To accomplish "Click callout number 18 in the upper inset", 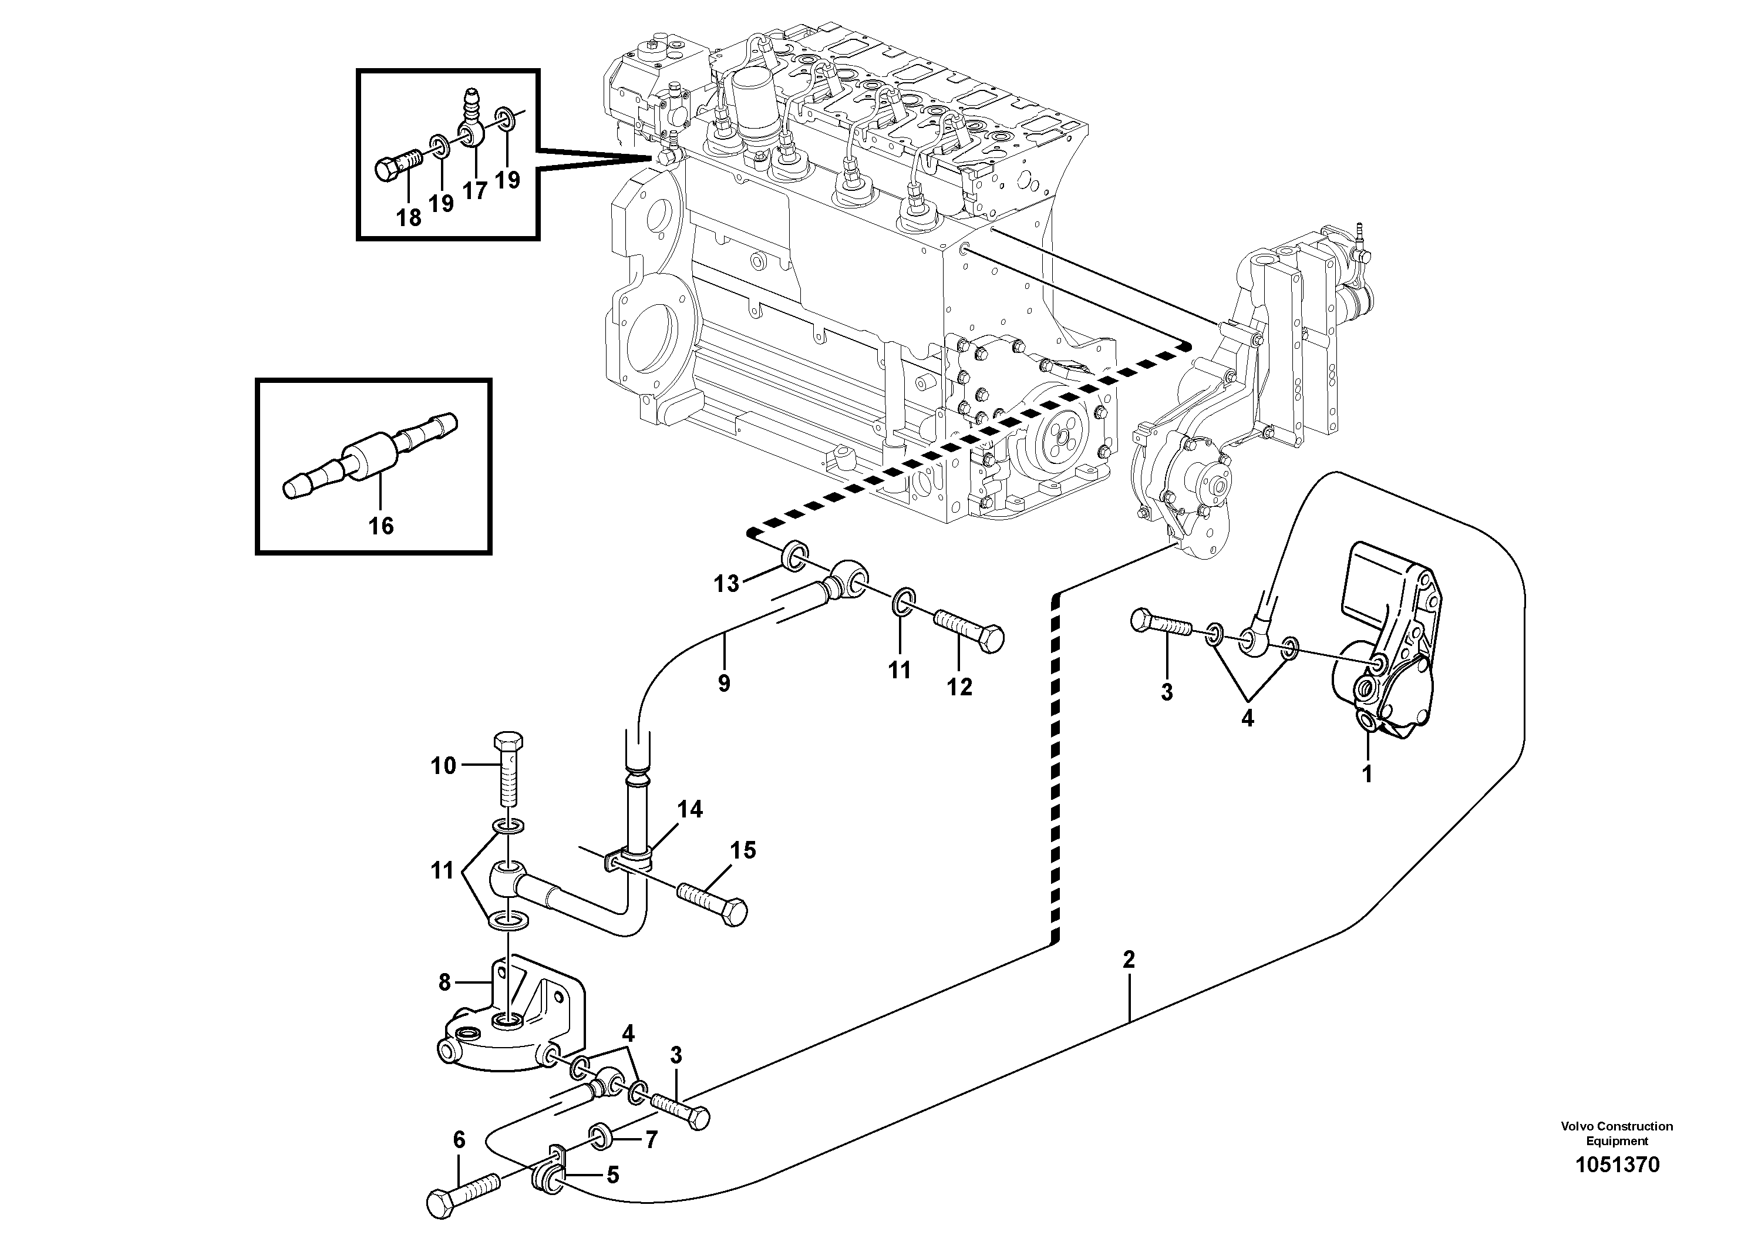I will tap(409, 218).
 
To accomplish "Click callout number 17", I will tap(474, 190).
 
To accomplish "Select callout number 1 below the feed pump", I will tap(1366, 775).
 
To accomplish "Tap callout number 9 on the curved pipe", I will tap(723, 683).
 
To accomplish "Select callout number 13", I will tap(726, 584).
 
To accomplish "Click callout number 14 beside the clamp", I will tap(691, 809).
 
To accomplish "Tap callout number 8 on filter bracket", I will tap(446, 983).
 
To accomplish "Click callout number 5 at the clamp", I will tap(612, 1175).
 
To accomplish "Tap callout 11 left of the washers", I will tap(442, 870).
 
